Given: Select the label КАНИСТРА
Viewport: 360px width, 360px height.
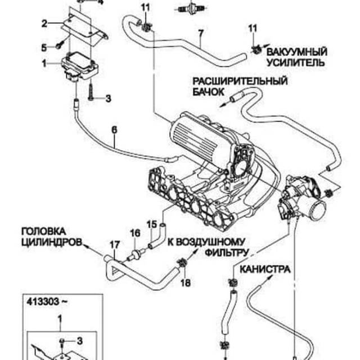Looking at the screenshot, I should coord(265,269).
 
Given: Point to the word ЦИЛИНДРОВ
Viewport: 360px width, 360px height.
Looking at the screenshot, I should coord(47,242).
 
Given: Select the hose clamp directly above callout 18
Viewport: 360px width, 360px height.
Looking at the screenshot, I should coord(182,262).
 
